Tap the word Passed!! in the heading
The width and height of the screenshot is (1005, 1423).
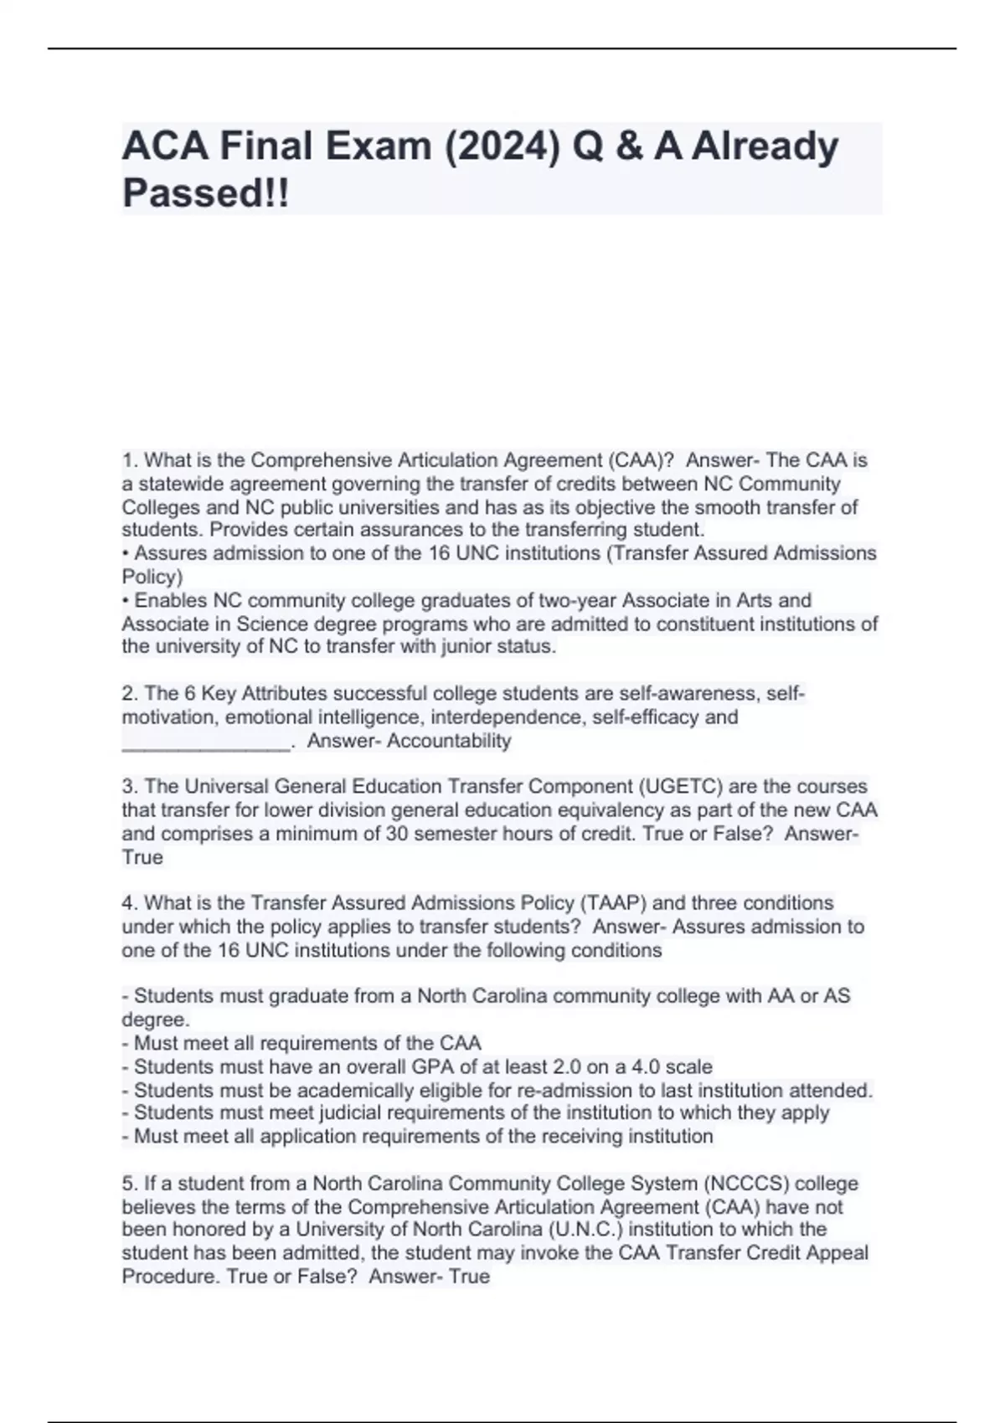coord(205,193)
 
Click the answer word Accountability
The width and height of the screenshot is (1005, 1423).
coord(449,741)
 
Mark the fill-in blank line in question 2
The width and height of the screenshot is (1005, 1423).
coord(206,742)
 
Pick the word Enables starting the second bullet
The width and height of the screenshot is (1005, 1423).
coord(171,601)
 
